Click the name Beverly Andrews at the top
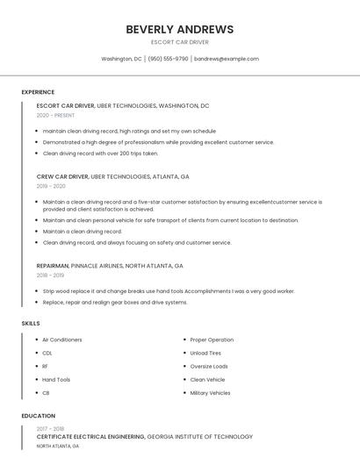[x=179, y=29]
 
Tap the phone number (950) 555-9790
[x=168, y=59]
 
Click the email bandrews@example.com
[x=227, y=59]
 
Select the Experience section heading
[x=38, y=92]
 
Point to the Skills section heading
[x=31, y=324]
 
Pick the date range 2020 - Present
[x=55, y=115]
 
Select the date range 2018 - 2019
[x=50, y=275]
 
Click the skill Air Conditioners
[x=62, y=340]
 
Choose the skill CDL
[x=47, y=353]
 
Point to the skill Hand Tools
[x=56, y=380]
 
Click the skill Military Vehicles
[x=211, y=393]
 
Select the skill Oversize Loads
[x=209, y=366]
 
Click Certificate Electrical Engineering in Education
[x=90, y=436]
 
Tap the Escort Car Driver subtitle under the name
[x=179, y=42]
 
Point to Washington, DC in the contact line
[x=121, y=59]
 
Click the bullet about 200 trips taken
[x=100, y=153]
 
